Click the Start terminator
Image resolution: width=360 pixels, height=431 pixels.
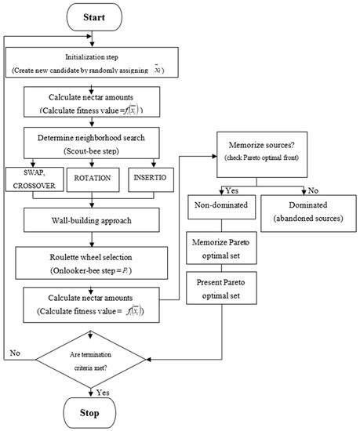tap(93, 15)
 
